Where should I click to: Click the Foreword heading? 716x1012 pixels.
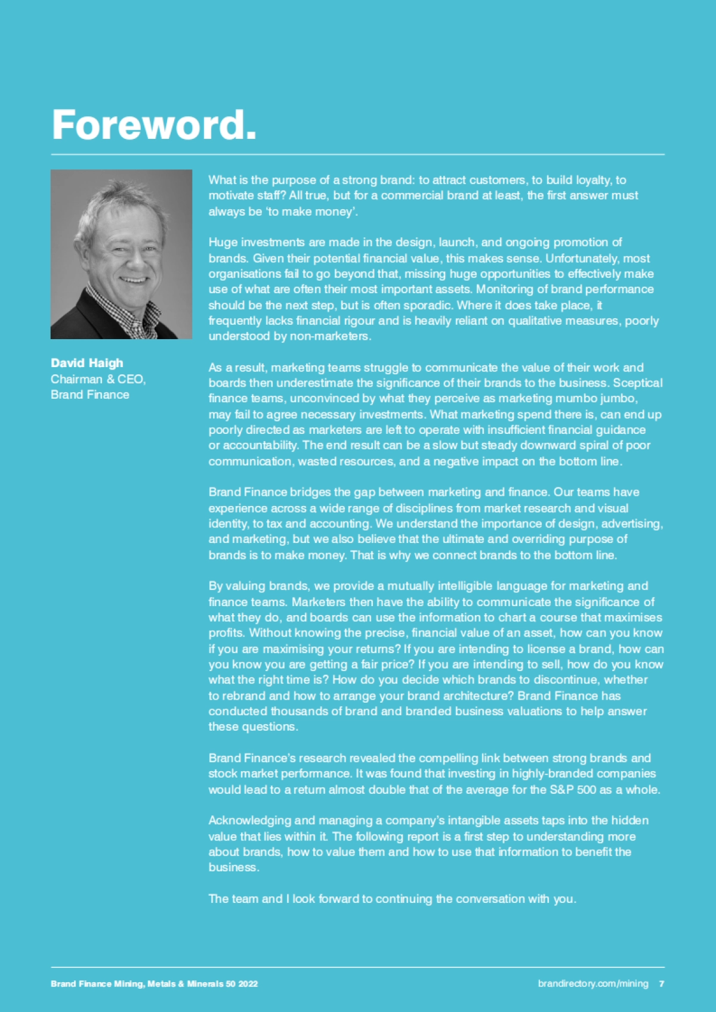click(154, 125)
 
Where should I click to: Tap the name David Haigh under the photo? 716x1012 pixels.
click(87, 363)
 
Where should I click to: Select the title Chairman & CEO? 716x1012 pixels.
click(98, 379)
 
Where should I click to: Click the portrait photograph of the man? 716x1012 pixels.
click(121, 254)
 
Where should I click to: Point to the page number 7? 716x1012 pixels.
click(661, 983)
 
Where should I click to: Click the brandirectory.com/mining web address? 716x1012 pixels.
click(592, 983)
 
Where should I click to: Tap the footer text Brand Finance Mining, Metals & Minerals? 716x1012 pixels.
click(154, 983)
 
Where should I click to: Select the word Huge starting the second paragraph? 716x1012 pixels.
click(223, 242)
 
